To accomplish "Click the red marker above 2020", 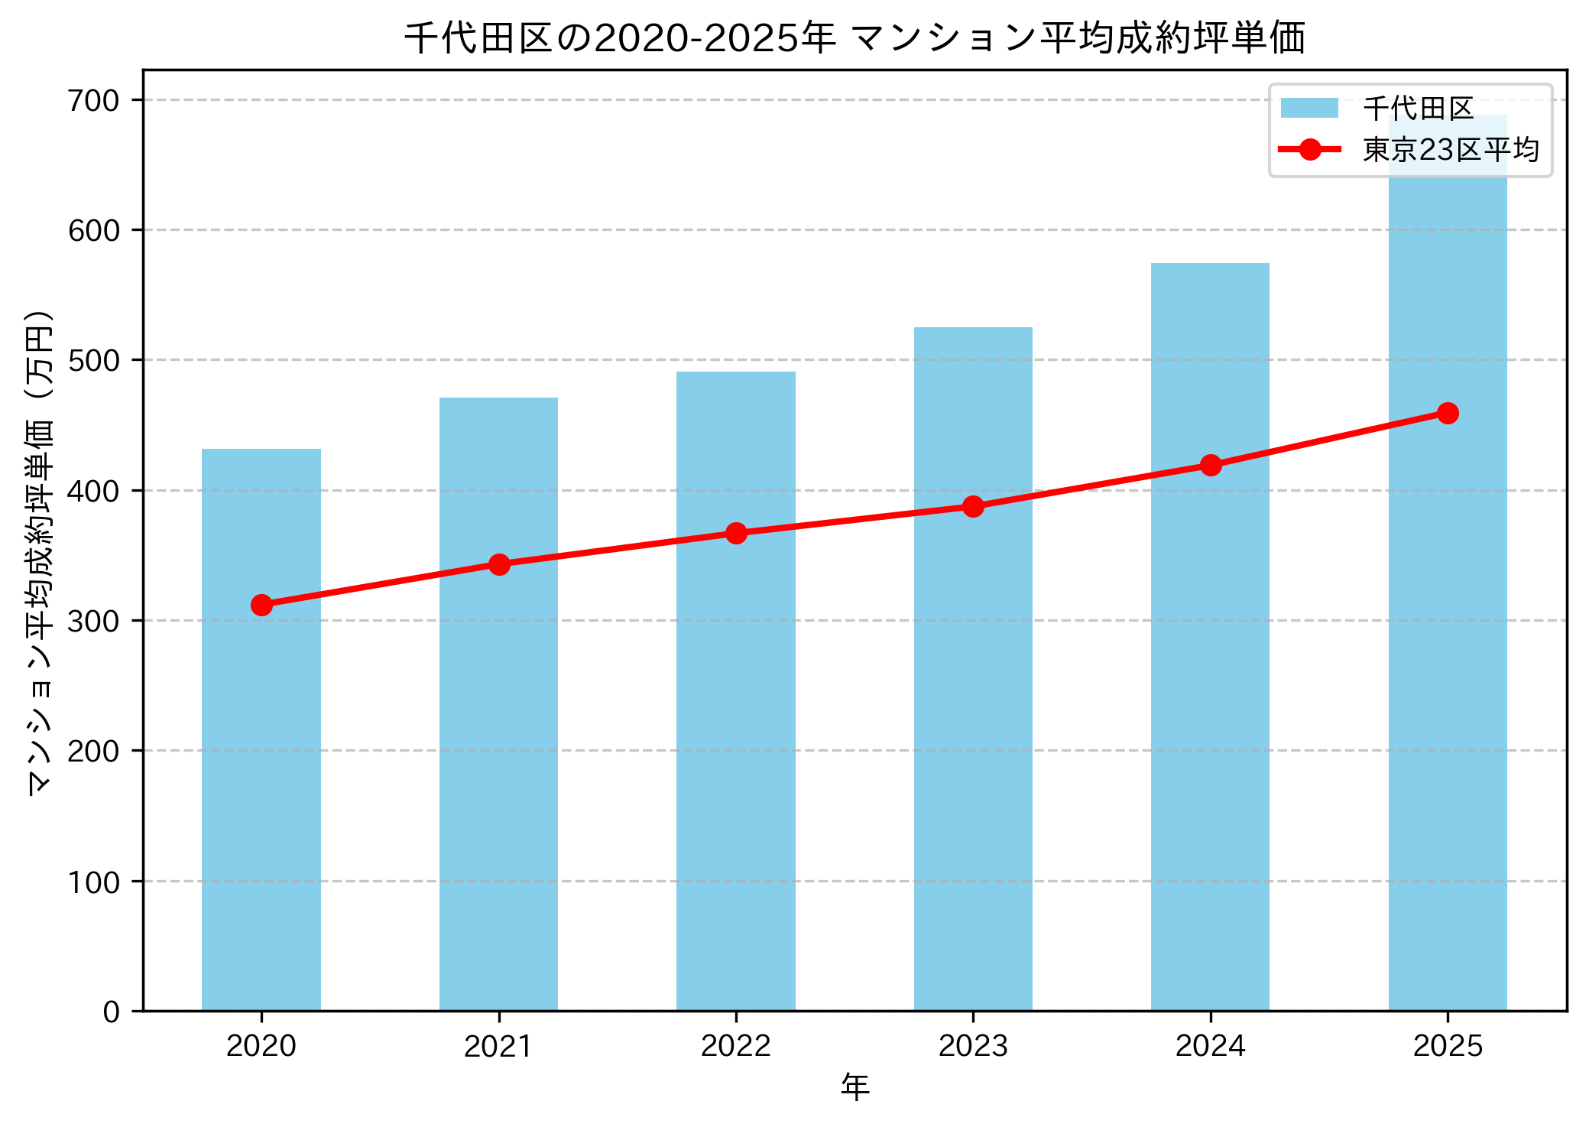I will pyautogui.click(x=261, y=605).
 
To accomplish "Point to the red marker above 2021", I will pyautogui.click(x=499, y=564).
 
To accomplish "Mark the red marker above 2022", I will pyautogui.click(x=736, y=533).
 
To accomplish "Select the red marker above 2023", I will pyautogui.click(x=973, y=506).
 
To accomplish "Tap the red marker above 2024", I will pyautogui.click(x=1211, y=465).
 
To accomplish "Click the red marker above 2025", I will pyautogui.click(x=1448, y=413).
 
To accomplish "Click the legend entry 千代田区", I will pyautogui.click(x=1418, y=109).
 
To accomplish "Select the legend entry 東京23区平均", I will pyautogui.click(x=1450, y=150).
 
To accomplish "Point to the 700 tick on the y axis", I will pyautogui.click(x=94, y=100).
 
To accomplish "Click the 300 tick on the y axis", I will pyautogui.click(x=94, y=621).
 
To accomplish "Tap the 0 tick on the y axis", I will pyautogui.click(x=112, y=1012).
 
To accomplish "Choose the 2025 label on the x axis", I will pyautogui.click(x=1448, y=1046).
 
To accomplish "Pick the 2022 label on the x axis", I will pyautogui.click(x=736, y=1046).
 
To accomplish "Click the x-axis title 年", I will pyautogui.click(x=854, y=1087).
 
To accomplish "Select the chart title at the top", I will pyautogui.click(x=854, y=38).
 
